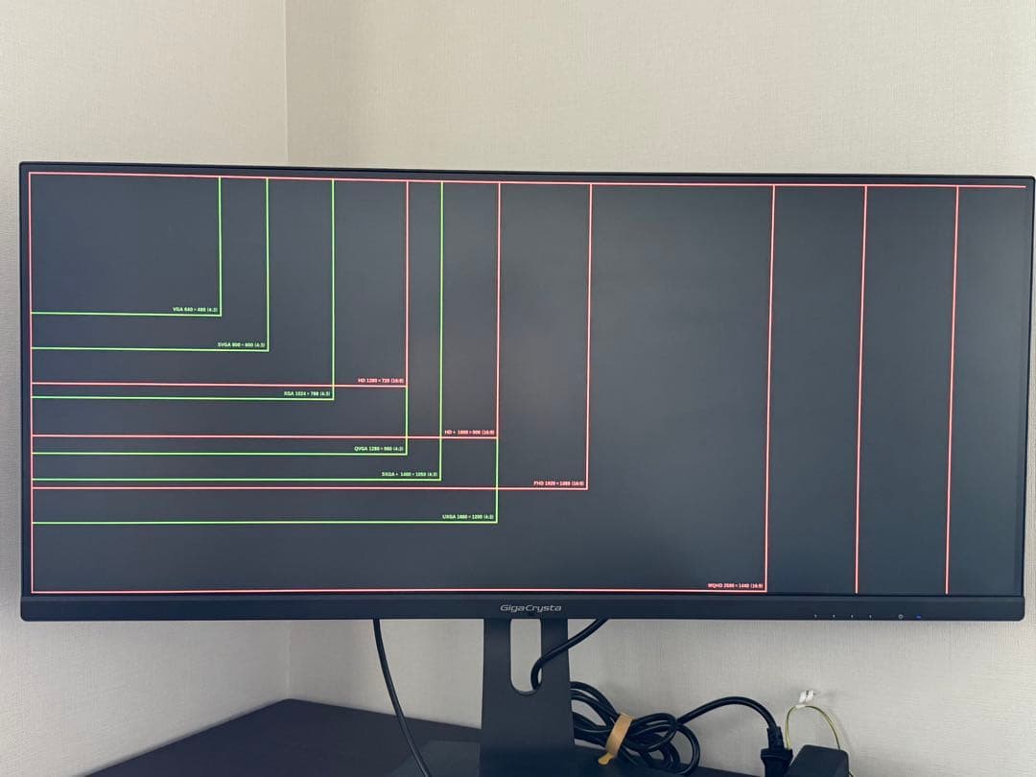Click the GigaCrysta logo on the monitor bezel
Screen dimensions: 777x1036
tap(530, 608)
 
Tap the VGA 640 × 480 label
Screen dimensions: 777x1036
tap(196, 310)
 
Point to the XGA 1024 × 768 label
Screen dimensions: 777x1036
tap(307, 393)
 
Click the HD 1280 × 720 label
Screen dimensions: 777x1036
tap(381, 381)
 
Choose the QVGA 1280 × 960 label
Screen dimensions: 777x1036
tap(380, 448)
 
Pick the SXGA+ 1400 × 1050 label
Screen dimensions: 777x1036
tap(410, 474)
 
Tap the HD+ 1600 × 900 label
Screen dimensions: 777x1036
tap(469, 433)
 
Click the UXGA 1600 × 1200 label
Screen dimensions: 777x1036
tap(468, 517)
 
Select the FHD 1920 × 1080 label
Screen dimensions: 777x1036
tap(558, 483)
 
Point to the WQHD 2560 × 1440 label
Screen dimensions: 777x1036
tap(736, 585)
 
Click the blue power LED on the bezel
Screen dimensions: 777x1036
tap(918, 616)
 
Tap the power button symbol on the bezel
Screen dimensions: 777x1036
tap(900, 616)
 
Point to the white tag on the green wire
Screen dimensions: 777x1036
tap(808, 695)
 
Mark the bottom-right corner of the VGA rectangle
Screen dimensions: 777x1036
tap(220, 314)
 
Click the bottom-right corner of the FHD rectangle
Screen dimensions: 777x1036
tap(586, 488)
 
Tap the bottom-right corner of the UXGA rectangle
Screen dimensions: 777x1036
tap(496, 522)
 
